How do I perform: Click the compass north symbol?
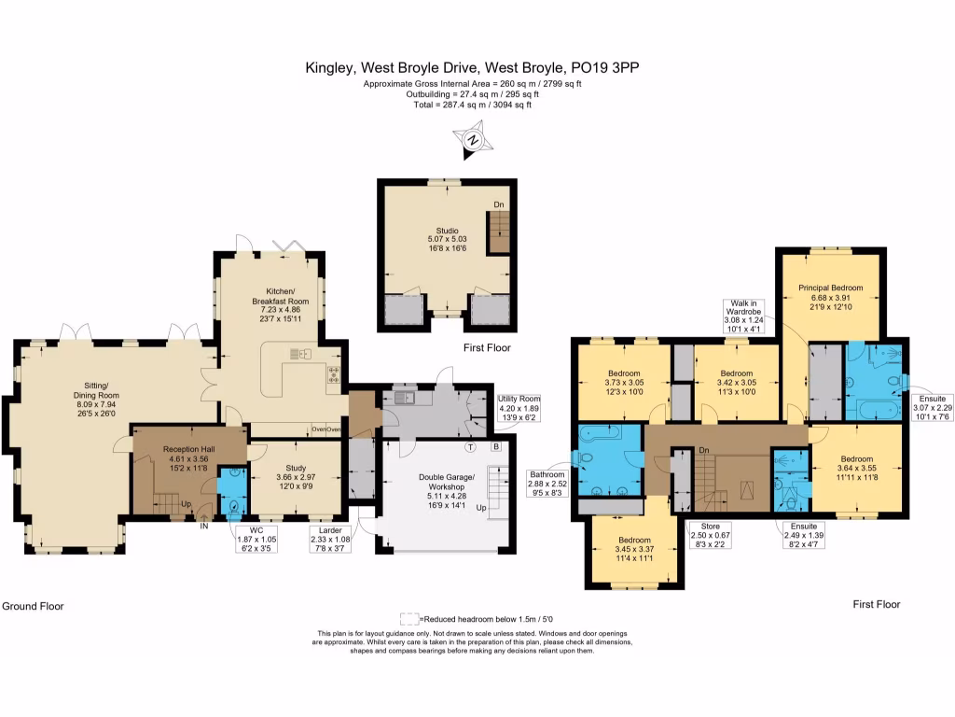pyautogui.click(x=474, y=139)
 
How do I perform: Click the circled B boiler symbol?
pyautogui.click(x=496, y=446)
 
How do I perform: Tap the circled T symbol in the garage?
pyautogui.click(x=471, y=446)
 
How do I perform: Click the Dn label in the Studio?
pyautogui.click(x=499, y=204)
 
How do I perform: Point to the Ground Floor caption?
pyautogui.click(x=33, y=606)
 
